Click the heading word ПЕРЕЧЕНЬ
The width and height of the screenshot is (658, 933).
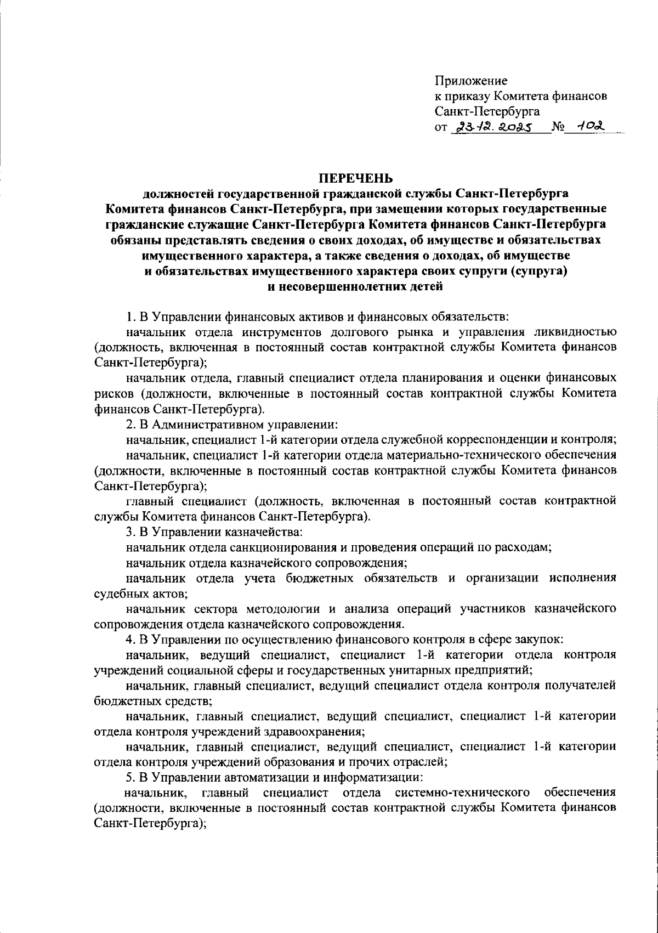tap(356, 178)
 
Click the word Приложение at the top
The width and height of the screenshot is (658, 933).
tap(471, 81)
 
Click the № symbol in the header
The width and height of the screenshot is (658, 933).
tap(558, 128)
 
